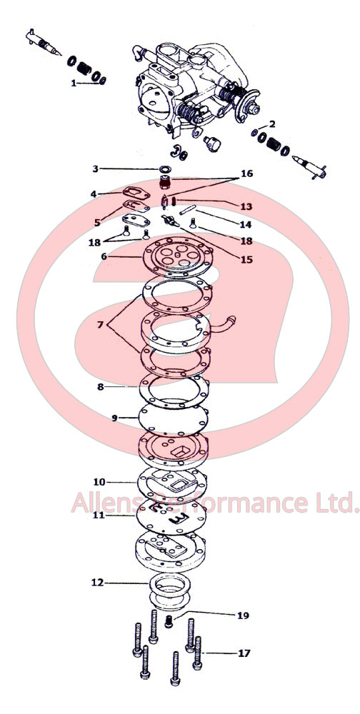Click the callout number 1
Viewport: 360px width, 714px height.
[74, 84]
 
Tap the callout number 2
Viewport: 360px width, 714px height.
[272, 124]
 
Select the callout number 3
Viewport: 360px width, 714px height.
[96, 169]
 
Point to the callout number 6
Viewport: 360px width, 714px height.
[104, 256]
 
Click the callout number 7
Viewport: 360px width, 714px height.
[100, 325]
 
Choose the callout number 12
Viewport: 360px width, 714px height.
[97, 583]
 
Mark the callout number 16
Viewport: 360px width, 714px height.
[246, 174]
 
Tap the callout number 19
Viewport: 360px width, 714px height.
[244, 615]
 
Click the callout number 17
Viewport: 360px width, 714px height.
[244, 653]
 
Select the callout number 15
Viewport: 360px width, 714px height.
[246, 260]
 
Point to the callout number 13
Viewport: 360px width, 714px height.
[246, 206]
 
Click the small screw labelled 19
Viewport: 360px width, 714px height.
[169, 621]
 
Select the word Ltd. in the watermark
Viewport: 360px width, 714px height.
[336, 502]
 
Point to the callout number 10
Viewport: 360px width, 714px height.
[99, 482]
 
